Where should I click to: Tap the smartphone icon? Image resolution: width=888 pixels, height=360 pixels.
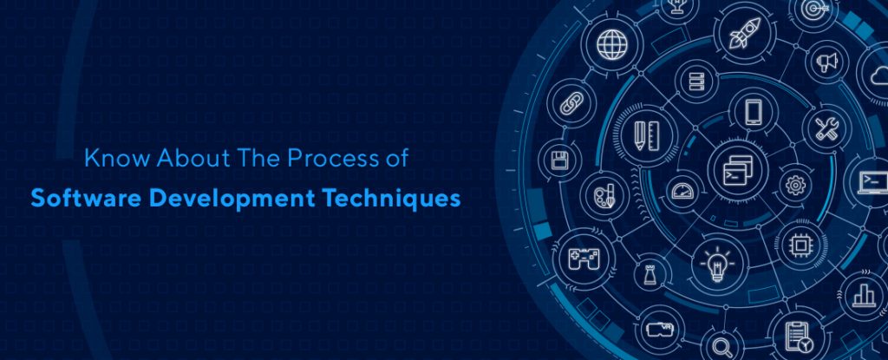click(x=751, y=111)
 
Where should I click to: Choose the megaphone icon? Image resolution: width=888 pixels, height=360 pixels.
click(x=827, y=62)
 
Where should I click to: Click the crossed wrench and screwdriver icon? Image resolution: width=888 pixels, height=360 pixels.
click(x=825, y=128)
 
